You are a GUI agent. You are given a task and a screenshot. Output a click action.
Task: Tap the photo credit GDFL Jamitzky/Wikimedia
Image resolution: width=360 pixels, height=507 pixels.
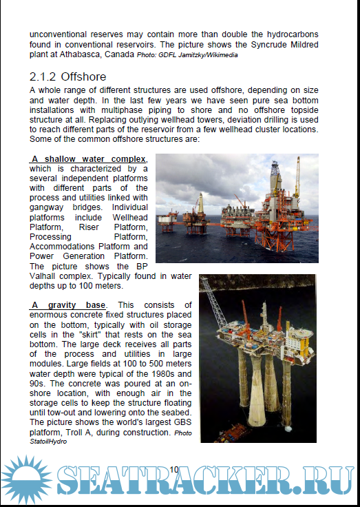187,55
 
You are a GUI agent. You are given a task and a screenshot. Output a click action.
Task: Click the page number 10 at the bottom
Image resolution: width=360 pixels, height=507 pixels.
174,469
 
